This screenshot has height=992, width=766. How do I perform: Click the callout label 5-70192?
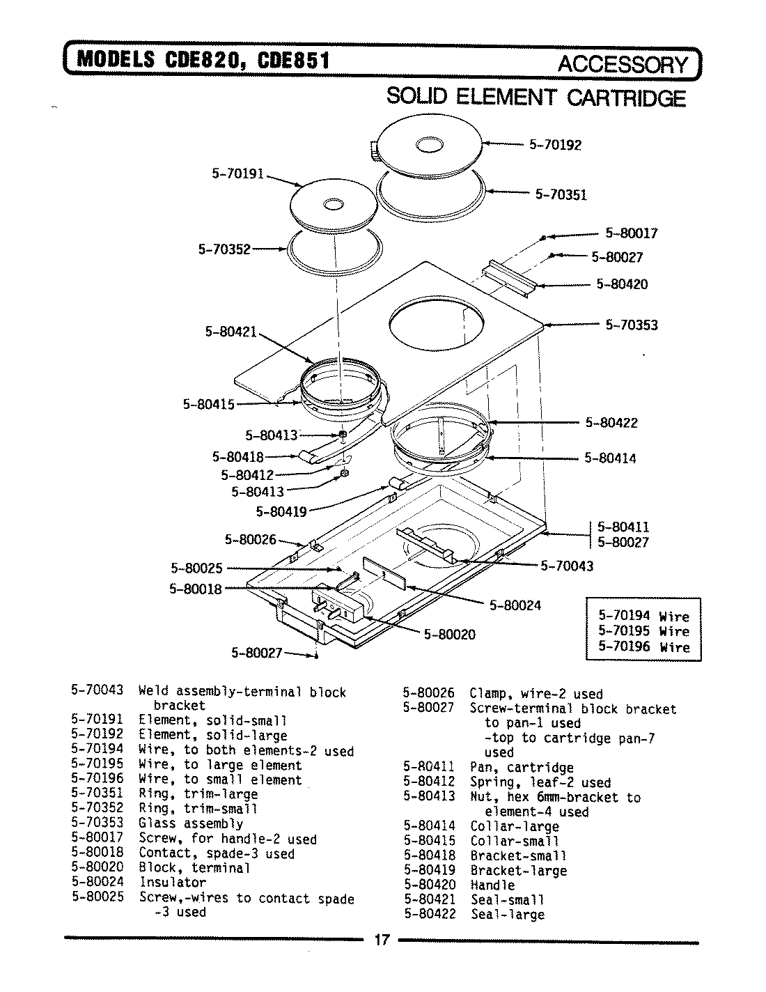tap(555, 145)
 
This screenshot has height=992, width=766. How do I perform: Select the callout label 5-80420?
tap(622, 284)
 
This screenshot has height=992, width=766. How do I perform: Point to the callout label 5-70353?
tap(631, 325)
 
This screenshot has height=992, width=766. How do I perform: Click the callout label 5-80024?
tap(515, 605)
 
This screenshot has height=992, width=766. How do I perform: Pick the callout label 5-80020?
tap(449, 634)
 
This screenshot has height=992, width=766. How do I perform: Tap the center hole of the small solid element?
tap(332, 204)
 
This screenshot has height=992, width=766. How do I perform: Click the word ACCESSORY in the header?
tap(622, 64)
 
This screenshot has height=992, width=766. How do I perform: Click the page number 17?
tap(381, 940)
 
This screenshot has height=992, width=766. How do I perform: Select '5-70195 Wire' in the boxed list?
tap(643, 631)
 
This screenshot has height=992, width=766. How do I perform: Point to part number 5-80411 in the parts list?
tap(428, 768)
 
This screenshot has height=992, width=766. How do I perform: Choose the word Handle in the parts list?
tap(492, 885)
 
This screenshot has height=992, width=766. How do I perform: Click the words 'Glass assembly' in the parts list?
tap(191, 823)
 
